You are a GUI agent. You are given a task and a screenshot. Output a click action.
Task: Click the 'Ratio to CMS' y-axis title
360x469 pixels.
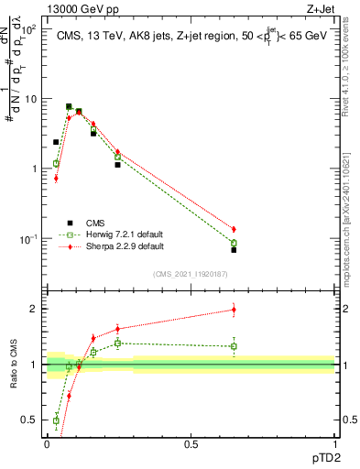pyautogui.click(x=14, y=366)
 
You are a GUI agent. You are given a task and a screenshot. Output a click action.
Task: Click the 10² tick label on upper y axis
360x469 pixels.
pyautogui.click(x=28, y=29)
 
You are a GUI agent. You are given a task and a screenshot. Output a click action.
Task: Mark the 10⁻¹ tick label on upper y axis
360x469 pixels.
pyautogui.click(x=28, y=239)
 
